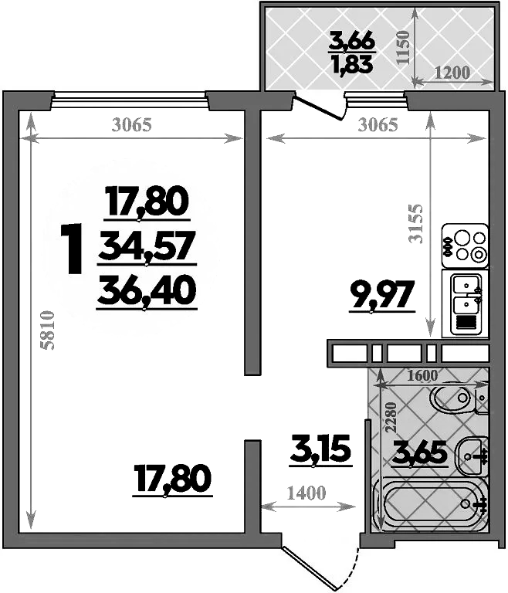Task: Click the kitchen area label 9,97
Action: click(382, 293)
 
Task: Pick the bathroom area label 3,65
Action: click(419, 450)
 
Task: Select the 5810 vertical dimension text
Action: click(49, 331)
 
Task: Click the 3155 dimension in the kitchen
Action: click(417, 224)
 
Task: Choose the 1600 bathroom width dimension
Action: click(422, 376)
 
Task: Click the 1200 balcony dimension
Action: click(452, 73)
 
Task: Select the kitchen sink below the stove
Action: click(466, 302)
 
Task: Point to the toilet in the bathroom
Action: click(456, 399)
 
